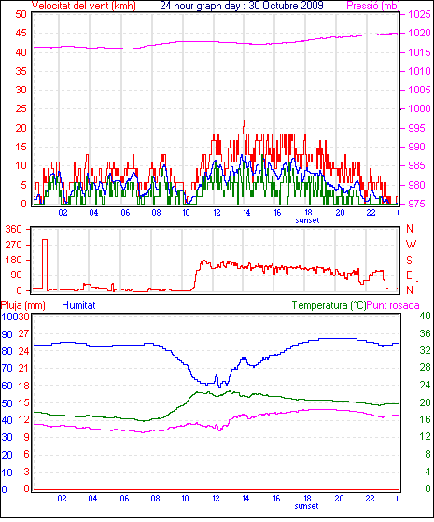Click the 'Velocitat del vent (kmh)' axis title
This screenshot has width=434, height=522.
pyautogui.click(x=84, y=6)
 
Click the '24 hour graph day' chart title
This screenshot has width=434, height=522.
pyautogui.click(x=200, y=6)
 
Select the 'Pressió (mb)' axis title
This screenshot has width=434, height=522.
pyautogui.click(x=373, y=6)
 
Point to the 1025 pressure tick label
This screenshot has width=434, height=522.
pyautogui.click(x=419, y=14)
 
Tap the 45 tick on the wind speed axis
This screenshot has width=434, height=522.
pyautogui.click(x=21, y=34)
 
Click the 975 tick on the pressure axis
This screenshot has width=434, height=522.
pyautogui.click(x=416, y=204)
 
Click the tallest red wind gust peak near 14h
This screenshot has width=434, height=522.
pyautogui.click(x=245, y=120)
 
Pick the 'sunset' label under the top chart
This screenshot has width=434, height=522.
pyautogui.click(x=307, y=220)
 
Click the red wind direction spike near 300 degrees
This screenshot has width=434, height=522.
pyautogui.click(x=45, y=240)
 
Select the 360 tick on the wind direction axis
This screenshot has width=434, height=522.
pyautogui.click(x=14, y=229)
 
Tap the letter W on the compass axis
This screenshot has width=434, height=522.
pyautogui.click(x=411, y=245)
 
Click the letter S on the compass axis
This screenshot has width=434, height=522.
pyautogui.click(x=410, y=260)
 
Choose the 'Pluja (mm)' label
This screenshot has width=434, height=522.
pyautogui.click(x=23, y=305)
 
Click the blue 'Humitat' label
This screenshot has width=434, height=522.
pyautogui.click(x=78, y=305)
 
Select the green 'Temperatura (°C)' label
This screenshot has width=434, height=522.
pyautogui.click(x=329, y=305)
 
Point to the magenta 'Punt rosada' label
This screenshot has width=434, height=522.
pyautogui.click(x=393, y=305)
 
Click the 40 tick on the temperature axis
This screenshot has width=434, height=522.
pyautogui.click(x=425, y=316)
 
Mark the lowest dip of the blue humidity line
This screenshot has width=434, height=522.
pyautogui.click(x=219, y=387)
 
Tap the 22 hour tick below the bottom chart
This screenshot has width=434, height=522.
pyautogui.click(x=370, y=499)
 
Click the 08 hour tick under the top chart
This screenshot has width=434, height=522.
pyautogui.click(x=156, y=212)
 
